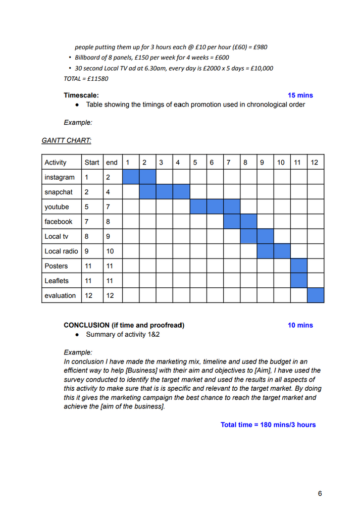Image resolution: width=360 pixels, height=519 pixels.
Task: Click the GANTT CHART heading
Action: tap(66, 140)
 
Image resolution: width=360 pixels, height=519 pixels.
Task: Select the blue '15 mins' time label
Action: tap(300, 95)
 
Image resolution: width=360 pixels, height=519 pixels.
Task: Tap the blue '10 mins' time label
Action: tap(300, 325)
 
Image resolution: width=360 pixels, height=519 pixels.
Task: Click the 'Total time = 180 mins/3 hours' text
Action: tap(268, 425)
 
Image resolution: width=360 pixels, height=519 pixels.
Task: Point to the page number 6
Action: tap(320, 494)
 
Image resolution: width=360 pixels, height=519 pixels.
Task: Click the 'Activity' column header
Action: tap(56, 163)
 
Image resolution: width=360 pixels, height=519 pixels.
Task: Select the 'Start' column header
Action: tap(92, 163)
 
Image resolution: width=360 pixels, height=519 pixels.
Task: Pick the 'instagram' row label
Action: tap(60, 177)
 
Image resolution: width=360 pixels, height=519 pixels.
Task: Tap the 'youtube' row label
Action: tap(57, 207)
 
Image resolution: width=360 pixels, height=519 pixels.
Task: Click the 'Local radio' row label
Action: tap(61, 251)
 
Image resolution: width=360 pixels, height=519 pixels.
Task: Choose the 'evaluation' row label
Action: tap(60, 295)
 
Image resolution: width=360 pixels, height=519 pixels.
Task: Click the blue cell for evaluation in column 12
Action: tap(316, 295)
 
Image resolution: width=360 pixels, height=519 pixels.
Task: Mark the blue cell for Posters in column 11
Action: tap(299, 266)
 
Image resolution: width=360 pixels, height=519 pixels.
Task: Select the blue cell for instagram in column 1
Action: tap(131, 177)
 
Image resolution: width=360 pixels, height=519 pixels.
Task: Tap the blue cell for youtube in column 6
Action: tap(215, 207)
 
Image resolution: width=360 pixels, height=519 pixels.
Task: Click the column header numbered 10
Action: tap(281, 163)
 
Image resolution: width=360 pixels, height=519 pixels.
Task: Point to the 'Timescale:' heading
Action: tap(81, 95)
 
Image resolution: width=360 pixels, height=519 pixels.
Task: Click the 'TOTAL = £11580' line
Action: tap(86, 79)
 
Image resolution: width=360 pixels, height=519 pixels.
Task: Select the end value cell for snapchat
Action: tap(113, 192)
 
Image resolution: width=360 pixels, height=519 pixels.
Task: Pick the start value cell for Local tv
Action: tap(92, 236)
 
